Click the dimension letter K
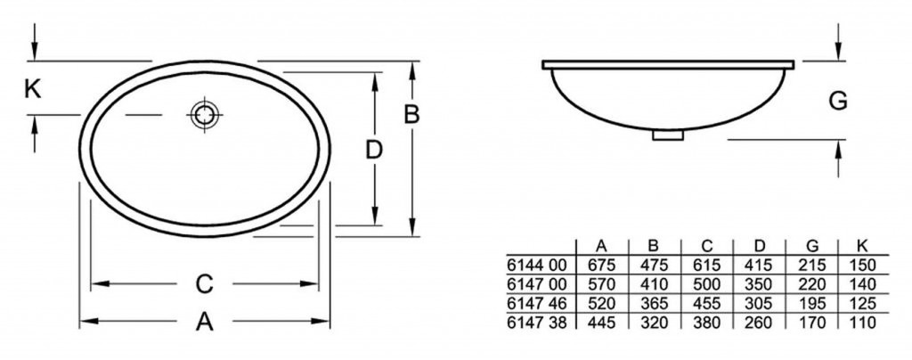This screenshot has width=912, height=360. (33, 89)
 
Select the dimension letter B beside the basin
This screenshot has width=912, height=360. (411, 115)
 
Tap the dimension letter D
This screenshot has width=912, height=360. (374, 150)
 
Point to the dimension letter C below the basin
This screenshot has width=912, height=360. (205, 284)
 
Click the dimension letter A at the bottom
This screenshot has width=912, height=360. (204, 321)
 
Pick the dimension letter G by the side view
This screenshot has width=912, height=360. (838, 102)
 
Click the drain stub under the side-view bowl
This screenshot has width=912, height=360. (668, 135)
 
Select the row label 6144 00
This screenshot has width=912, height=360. (536, 266)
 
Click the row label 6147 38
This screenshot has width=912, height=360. (536, 323)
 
